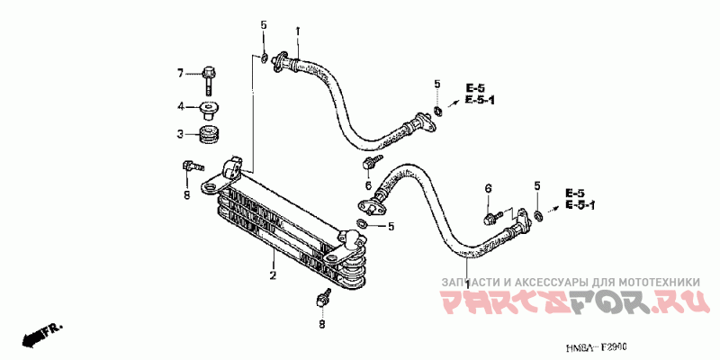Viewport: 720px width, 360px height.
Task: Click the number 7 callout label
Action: coord(180,73)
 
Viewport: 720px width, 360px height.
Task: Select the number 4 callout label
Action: coord(180,106)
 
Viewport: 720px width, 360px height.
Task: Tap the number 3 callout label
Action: coord(180,135)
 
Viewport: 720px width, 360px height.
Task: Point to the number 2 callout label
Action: coord(272,276)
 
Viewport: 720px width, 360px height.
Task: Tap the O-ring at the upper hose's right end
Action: coord(437,112)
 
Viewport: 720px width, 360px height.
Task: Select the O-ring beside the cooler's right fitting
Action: coord(361,223)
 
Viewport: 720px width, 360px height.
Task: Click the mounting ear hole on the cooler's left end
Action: coord(209,187)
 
